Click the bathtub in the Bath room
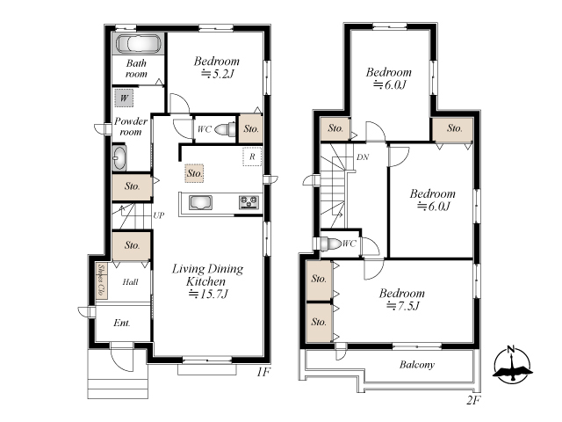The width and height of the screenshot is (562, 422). [139, 44]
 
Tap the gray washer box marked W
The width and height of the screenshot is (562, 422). [124, 98]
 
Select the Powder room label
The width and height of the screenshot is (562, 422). [131, 127]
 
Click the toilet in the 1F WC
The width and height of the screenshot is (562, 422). [225, 129]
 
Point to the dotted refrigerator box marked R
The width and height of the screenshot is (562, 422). [252, 156]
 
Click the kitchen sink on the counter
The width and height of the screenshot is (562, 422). [200, 203]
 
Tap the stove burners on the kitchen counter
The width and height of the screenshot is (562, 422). [249, 202]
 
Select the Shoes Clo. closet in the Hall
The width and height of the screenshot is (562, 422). [102, 281]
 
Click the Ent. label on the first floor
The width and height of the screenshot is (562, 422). [122, 323]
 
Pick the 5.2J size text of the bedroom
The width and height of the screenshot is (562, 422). [218, 74]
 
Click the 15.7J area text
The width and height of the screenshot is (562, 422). [208, 294]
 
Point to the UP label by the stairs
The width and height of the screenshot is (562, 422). [159, 215]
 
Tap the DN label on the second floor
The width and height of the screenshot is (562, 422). [363, 156]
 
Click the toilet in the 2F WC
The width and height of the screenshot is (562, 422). [330, 244]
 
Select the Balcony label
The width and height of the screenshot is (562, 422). [417, 365]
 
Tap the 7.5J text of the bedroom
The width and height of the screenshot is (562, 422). [403, 306]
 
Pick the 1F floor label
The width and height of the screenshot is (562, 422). [263, 372]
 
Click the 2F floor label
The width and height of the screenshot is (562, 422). [473, 400]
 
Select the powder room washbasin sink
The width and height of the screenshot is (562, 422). [119, 157]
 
